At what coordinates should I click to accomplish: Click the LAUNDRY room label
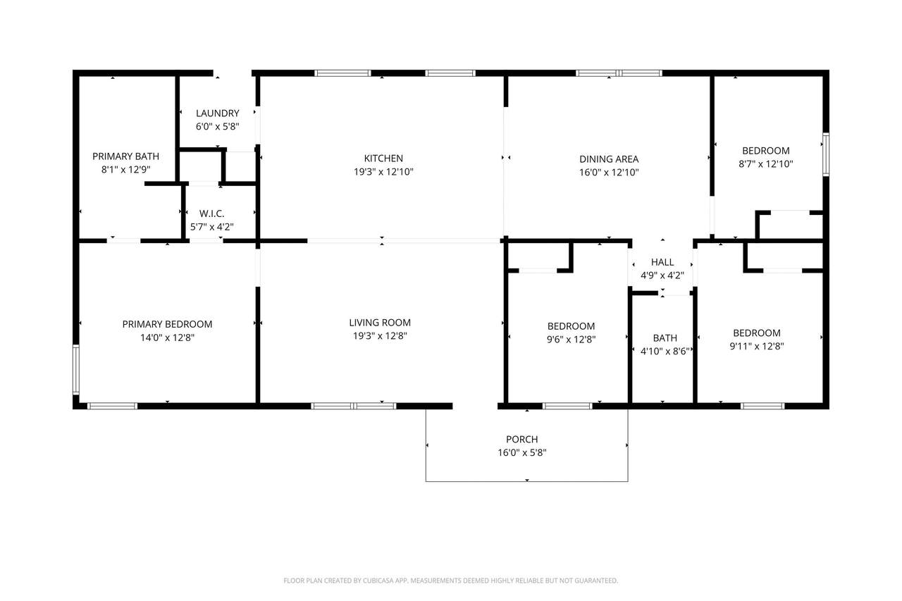pos(218,113)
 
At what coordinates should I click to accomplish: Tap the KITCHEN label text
pos(383,159)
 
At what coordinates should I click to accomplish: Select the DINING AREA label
pos(609,159)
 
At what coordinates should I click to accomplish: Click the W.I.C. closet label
pos(212,213)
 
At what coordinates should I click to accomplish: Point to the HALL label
pos(662,262)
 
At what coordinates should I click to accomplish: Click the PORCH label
pos(522,439)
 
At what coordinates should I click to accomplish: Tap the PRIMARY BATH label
pos(125,156)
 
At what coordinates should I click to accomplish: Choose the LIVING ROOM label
pos(380,323)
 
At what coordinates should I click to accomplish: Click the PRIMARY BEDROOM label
pos(167,324)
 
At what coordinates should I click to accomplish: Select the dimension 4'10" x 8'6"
pos(665,351)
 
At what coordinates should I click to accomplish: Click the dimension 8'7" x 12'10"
pos(765,164)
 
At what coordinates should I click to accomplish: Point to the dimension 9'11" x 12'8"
pos(757,346)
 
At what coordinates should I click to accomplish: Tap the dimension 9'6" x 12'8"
pos(571,340)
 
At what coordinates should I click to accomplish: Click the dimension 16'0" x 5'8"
pos(522,452)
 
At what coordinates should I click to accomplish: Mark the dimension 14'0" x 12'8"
pos(167,337)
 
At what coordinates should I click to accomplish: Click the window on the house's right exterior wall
pos(826,154)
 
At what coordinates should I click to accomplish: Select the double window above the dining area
pos(619,73)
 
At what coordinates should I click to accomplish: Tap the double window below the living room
pos(354,406)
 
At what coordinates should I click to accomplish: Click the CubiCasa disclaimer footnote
pos(450,581)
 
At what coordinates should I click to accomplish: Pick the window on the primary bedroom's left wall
pos(75,368)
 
